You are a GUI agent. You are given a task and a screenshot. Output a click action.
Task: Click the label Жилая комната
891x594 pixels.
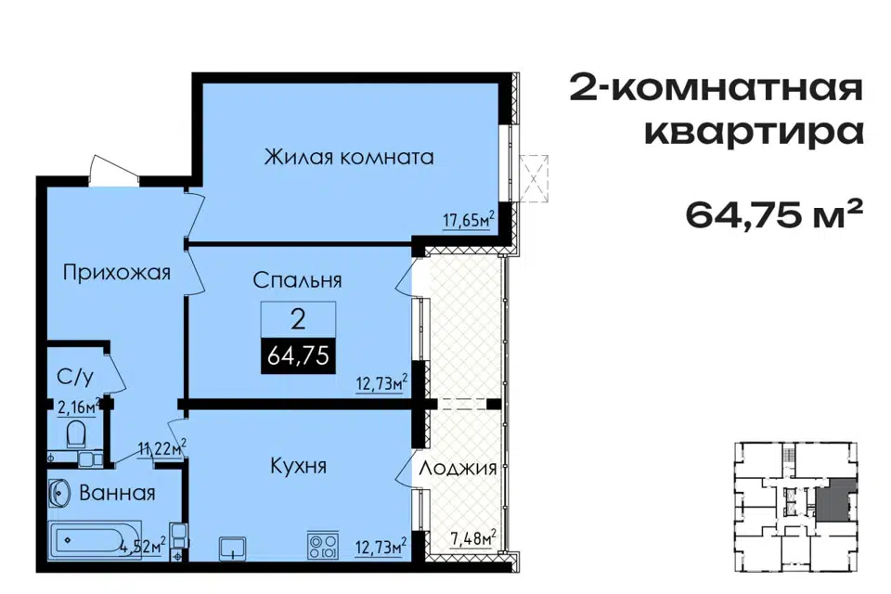point(349,156)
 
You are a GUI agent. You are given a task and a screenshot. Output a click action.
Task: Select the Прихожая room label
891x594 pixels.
point(117,273)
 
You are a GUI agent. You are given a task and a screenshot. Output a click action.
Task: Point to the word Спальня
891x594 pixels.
point(297,279)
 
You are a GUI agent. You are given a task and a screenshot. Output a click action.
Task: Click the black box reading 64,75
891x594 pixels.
point(298,355)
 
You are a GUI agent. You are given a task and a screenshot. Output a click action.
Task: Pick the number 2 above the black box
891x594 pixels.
point(298,320)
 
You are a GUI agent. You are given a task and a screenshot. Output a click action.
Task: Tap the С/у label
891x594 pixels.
point(75,376)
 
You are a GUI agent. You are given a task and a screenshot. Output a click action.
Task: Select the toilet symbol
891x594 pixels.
point(75,434)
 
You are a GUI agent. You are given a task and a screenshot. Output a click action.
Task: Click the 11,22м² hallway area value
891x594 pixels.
point(162,448)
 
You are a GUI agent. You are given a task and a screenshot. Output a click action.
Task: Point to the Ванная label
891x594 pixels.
point(117,493)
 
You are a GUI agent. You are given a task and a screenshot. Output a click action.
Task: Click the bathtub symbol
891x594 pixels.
point(95,539)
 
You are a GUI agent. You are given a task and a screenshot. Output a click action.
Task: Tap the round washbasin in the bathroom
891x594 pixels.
point(59,493)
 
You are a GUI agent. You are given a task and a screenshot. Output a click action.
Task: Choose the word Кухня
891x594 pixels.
point(298,466)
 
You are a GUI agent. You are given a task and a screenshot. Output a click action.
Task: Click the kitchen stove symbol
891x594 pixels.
point(323,545)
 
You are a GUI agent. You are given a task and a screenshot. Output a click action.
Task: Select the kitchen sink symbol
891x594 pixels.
point(232,548)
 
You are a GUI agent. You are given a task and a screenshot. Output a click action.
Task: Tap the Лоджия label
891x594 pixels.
point(458,469)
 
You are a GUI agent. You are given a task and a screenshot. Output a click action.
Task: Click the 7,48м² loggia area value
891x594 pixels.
point(473,538)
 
